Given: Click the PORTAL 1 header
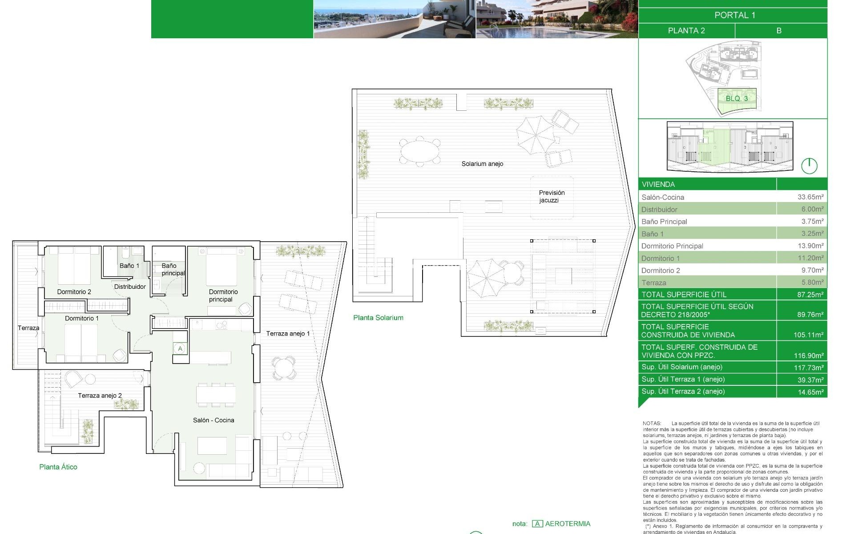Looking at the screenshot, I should [x=734, y=15].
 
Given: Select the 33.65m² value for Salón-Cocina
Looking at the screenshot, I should [x=810, y=197].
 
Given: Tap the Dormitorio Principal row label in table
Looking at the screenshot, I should [x=672, y=246].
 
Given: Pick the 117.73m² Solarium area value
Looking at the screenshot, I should [x=808, y=368].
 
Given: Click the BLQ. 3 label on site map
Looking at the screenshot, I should [x=737, y=98].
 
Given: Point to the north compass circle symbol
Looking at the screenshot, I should [x=809, y=166].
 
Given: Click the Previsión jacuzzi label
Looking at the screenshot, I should [x=551, y=196].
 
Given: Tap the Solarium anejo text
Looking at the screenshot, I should [x=482, y=164].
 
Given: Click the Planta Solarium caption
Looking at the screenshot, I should [x=378, y=318].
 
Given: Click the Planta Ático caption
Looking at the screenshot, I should [x=58, y=467].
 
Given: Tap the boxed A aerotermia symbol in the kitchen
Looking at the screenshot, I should [x=180, y=348].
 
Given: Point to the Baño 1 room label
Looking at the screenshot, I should [x=129, y=266].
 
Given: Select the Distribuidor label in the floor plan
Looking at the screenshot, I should [x=130, y=287].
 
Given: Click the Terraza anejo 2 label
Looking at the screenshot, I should [x=100, y=396].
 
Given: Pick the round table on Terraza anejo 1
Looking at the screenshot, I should [x=283, y=368].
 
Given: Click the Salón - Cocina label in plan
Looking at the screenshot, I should [x=213, y=420].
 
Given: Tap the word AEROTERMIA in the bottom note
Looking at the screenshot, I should [x=568, y=524].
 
